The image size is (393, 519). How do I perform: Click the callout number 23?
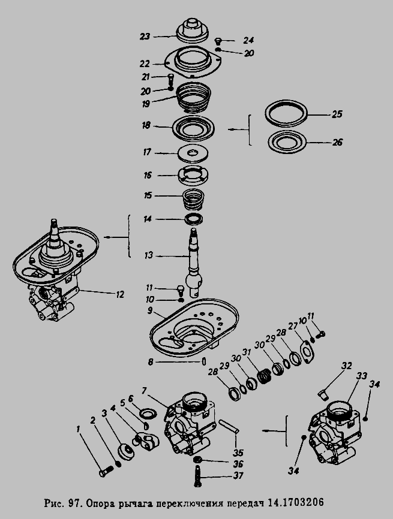click(145, 37)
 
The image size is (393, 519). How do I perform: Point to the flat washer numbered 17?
click(192, 153)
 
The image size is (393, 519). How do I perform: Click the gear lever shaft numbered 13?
click(193, 261)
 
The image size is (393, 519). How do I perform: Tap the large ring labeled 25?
click(286, 113)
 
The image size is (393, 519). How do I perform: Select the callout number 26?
click(337, 143)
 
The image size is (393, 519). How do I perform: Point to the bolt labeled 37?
click(198, 477)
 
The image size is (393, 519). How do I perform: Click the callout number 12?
click(119, 294)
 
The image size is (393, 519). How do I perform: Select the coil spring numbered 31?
click(265, 376)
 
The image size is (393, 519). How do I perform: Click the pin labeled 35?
click(229, 426)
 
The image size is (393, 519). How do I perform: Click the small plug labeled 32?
click(322, 394)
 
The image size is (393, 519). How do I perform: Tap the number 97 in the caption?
click(74, 503)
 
